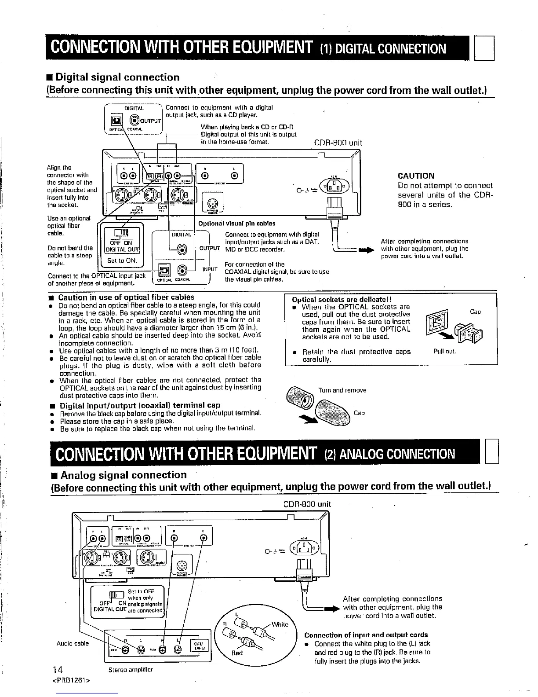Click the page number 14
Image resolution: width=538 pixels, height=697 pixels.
click(x=57, y=670)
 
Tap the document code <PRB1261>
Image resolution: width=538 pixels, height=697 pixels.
click(x=71, y=682)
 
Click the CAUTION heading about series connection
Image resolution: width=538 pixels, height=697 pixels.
click(x=416, y=176)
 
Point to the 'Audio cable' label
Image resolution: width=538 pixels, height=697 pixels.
click(x=73, y=643)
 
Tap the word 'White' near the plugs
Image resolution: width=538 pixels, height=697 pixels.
click(x=280, y=624)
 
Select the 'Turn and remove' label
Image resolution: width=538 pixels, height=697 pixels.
click(x=342, y=390)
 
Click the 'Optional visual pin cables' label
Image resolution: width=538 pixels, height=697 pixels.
click(x=237, y=224)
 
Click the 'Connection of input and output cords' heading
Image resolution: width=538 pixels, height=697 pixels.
click(x=366, y=635)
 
